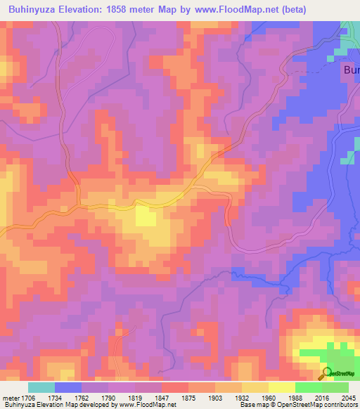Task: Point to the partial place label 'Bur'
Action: tap(351, 70)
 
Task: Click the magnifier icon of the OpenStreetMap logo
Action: tap(326, 373)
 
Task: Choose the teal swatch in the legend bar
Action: tap(41, 387)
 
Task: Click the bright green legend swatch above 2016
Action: tap(308, 387)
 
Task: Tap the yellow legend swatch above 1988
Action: tap(281, 387)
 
